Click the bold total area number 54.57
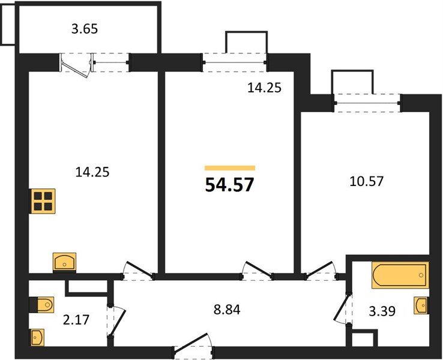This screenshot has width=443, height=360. [230, 185]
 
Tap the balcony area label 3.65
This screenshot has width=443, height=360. [85, 29]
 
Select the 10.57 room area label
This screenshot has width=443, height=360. [366, 181]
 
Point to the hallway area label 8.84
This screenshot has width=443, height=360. [227, 310]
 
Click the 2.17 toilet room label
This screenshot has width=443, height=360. [76, 320]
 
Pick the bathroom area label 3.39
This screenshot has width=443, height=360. [382, 311]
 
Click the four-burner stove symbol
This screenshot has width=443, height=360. [43, 201]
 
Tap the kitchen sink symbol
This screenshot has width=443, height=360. [65, 262]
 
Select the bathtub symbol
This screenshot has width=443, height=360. [400, 275]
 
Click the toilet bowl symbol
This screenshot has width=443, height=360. [42, 305]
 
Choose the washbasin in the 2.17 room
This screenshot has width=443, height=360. [37, 337]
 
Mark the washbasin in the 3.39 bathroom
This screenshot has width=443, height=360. [421, 305]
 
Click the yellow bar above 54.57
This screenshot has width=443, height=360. [230, 168]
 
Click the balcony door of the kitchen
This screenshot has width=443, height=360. [76, 67]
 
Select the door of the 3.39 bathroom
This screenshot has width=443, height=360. [343, 308]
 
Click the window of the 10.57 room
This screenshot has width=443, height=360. [367, 103]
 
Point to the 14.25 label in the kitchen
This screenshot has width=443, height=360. [92, 172]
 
